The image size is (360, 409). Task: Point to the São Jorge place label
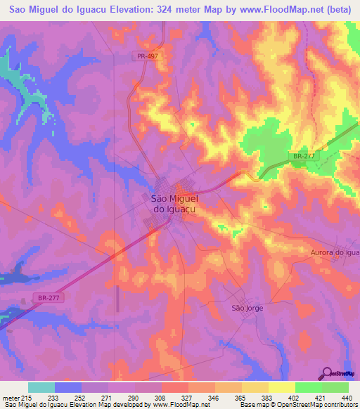(247, 308)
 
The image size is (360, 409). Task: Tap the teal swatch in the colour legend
(41, 387)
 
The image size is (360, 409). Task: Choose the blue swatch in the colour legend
(67, 387)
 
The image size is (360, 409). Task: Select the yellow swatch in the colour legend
(281, 387)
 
